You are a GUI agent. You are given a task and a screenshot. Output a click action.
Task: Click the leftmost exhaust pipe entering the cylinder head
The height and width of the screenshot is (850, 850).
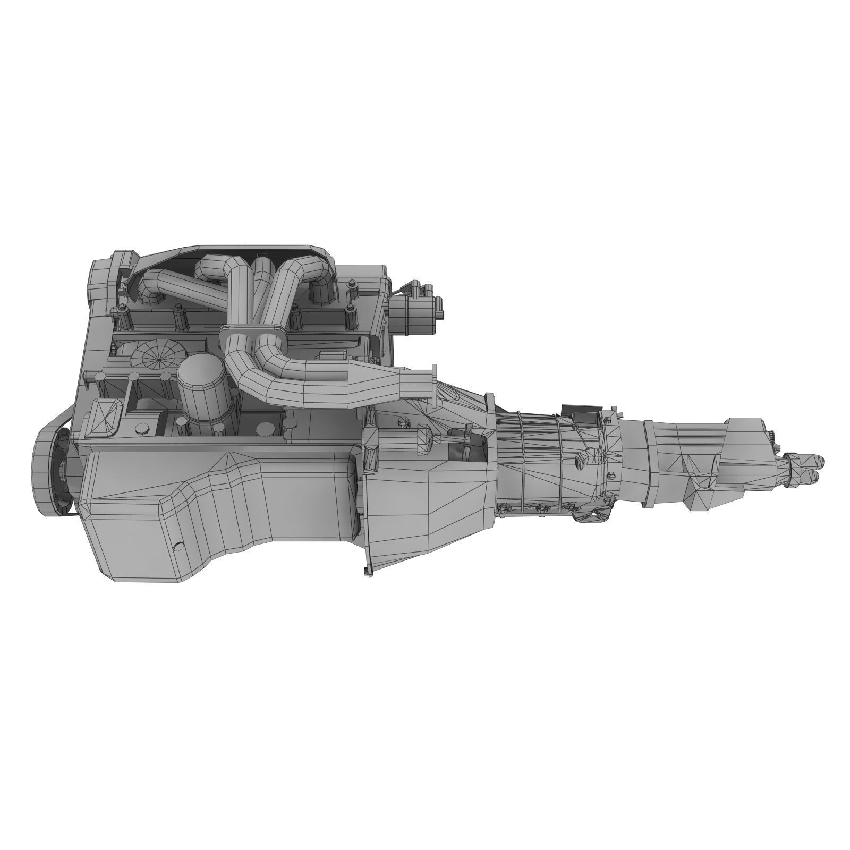159,290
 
